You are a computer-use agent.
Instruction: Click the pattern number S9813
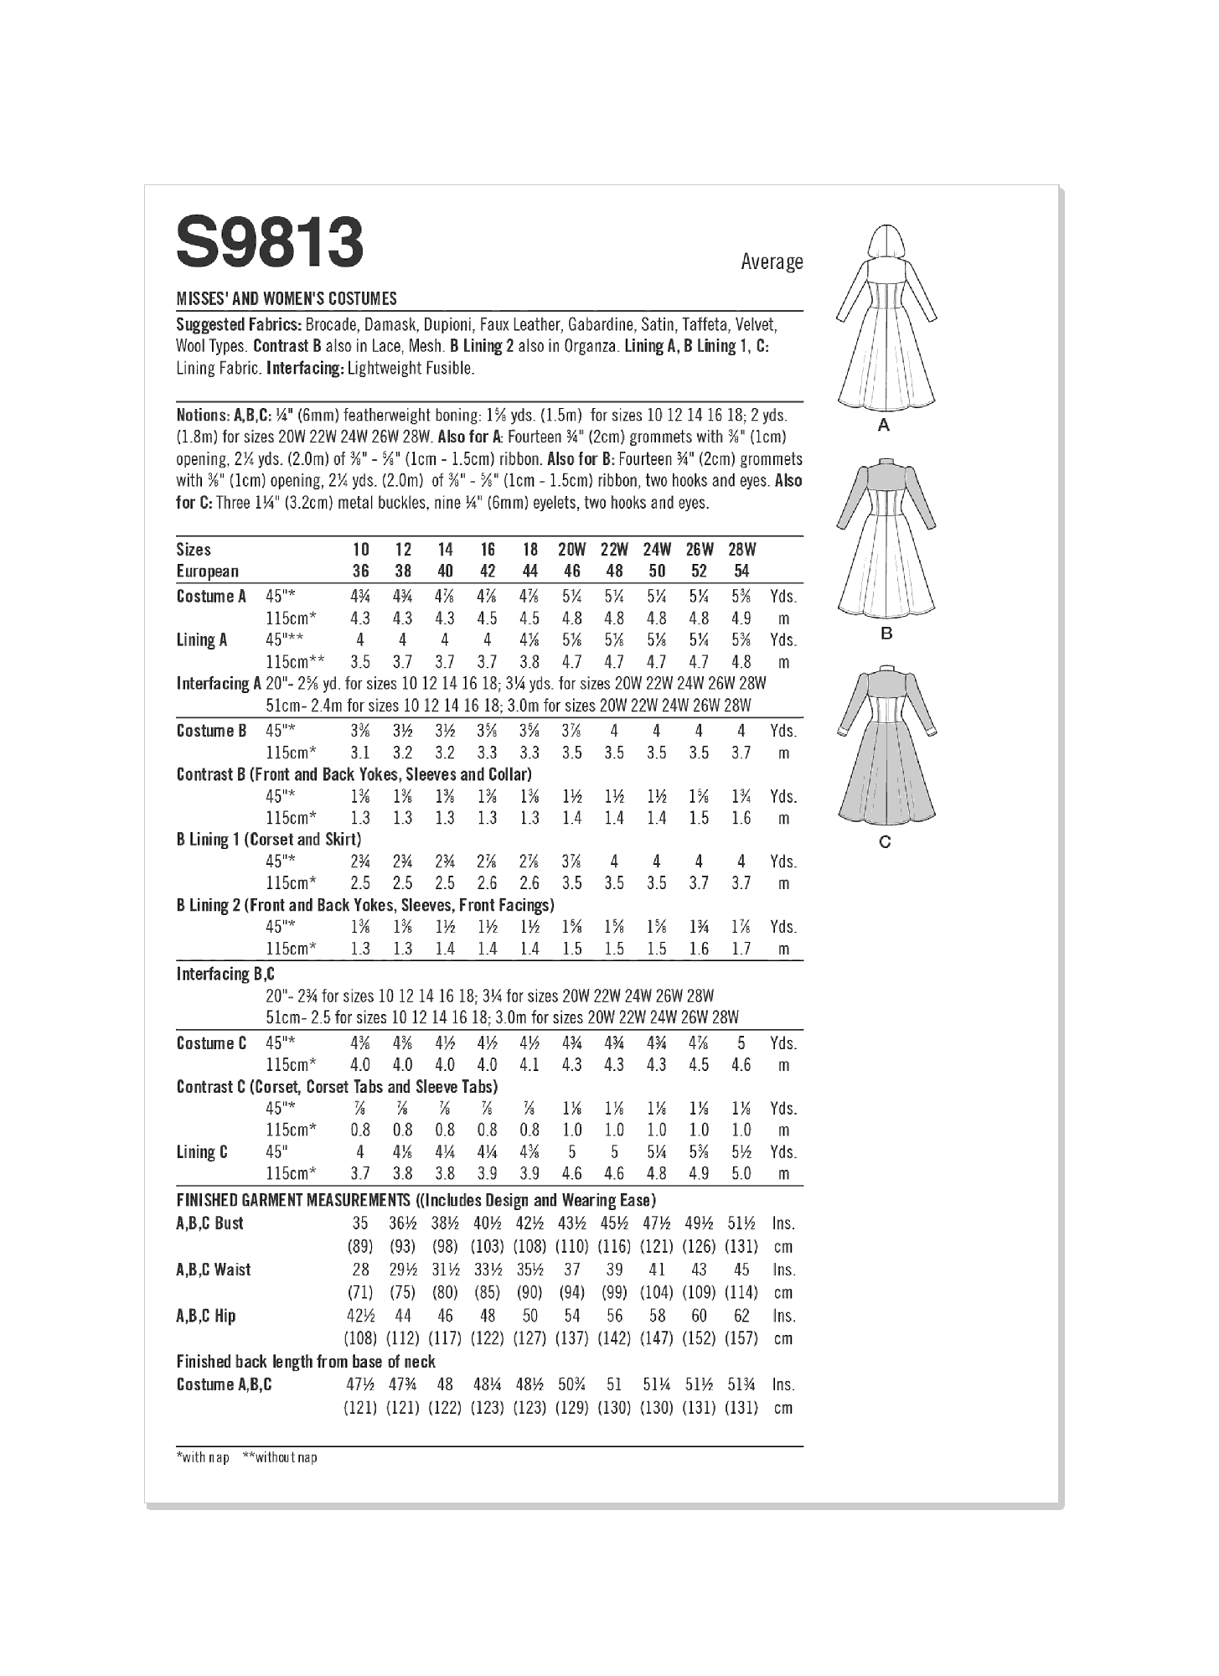pyautogui.click(x=270, y=244)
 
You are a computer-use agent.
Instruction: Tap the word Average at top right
pyautogui.click(x=771, y=262)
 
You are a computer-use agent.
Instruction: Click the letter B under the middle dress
pyautogui.click(x=886, y=634)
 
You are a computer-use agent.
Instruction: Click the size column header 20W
pyautogui.click(x=571, y=550)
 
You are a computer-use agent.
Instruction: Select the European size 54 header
pyautogui.click(x=741, y=572)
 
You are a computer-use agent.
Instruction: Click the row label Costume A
pyautogui.click(x=211, y=597)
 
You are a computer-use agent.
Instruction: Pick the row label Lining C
pyautogui.click(x=201, y=1152)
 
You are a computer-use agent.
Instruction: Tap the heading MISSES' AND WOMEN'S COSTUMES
pyautogui.click(x=287, y=298)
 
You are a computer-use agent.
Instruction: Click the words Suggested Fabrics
pyautogui.click(x=239, y=324)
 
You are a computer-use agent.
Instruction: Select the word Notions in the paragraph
pyautogui.click(x=202, y=415)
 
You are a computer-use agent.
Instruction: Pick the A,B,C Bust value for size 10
pyautogui.click(x=359, y=1223)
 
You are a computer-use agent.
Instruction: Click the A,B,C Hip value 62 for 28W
pyautogui.click(x=741, y=1316)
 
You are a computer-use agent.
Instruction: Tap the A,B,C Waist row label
pyautogui.click(x=214, y=1270)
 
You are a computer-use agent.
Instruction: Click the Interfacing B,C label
pyautogui.click(x=225, y=974)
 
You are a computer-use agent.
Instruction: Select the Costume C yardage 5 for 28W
pyautogui.click(x=741, y=1043)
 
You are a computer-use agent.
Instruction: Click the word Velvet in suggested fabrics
pyautogui.click(x=756, y=324)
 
